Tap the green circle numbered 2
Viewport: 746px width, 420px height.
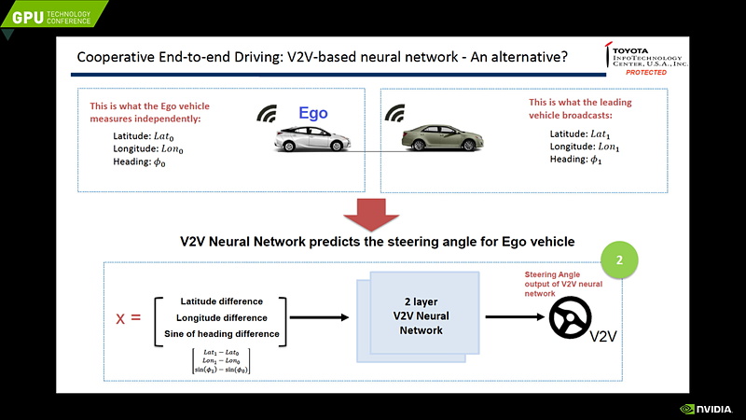pyautogui.click(x=620, y=259)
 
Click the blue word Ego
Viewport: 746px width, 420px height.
pyautogui.click(x=313, y=114)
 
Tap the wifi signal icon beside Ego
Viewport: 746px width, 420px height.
pyautogui.click(x=268, y=115)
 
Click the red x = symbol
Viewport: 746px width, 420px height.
pyautogui.click(x=129, y=317)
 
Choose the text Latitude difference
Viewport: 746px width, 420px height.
pyautogui.click(x=222, y=301)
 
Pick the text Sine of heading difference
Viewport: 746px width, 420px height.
pyautogui.click(x=222, y=333)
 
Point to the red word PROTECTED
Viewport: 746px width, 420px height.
pyautogui.click(x=645, y=72)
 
